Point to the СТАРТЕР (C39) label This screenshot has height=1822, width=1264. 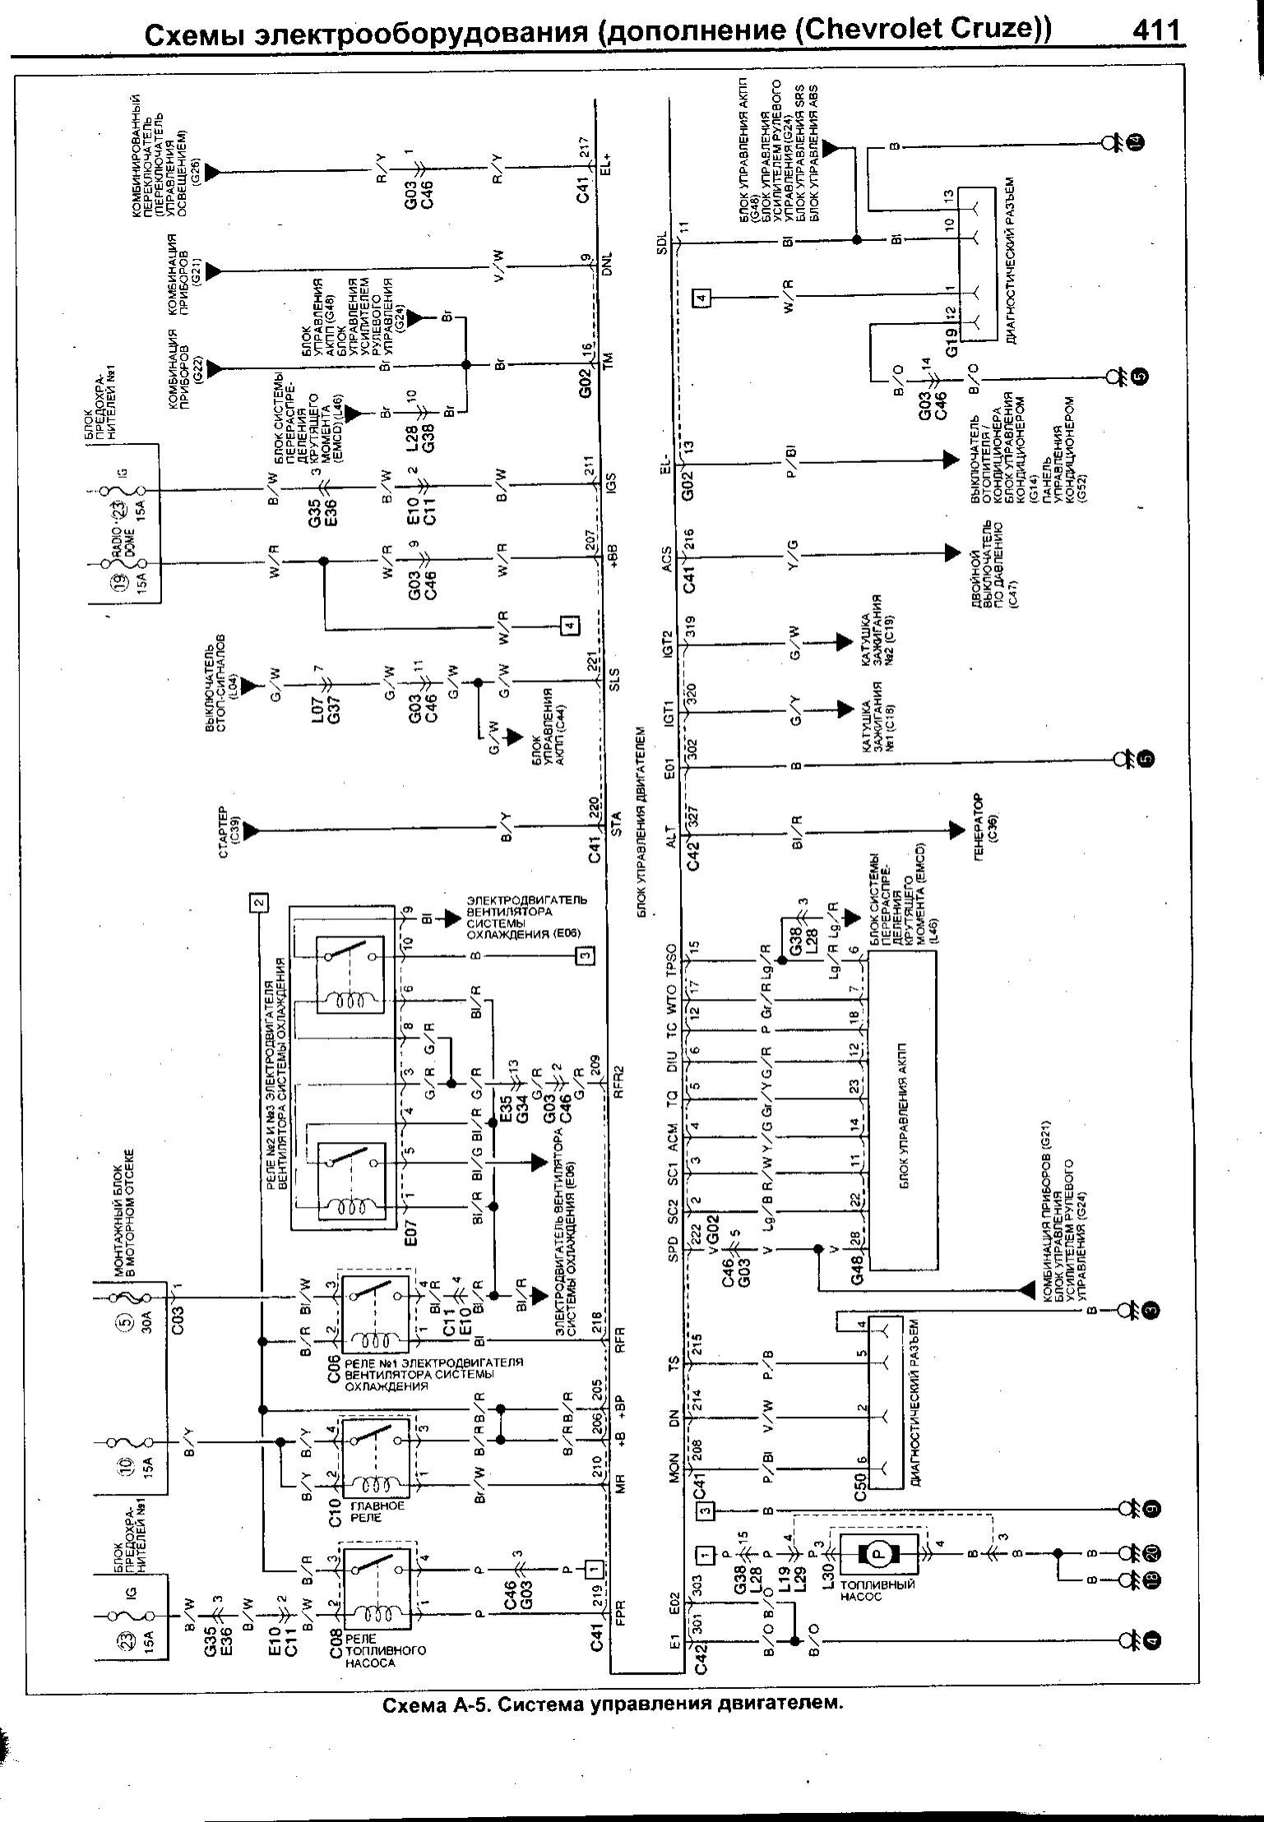[228, 831]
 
